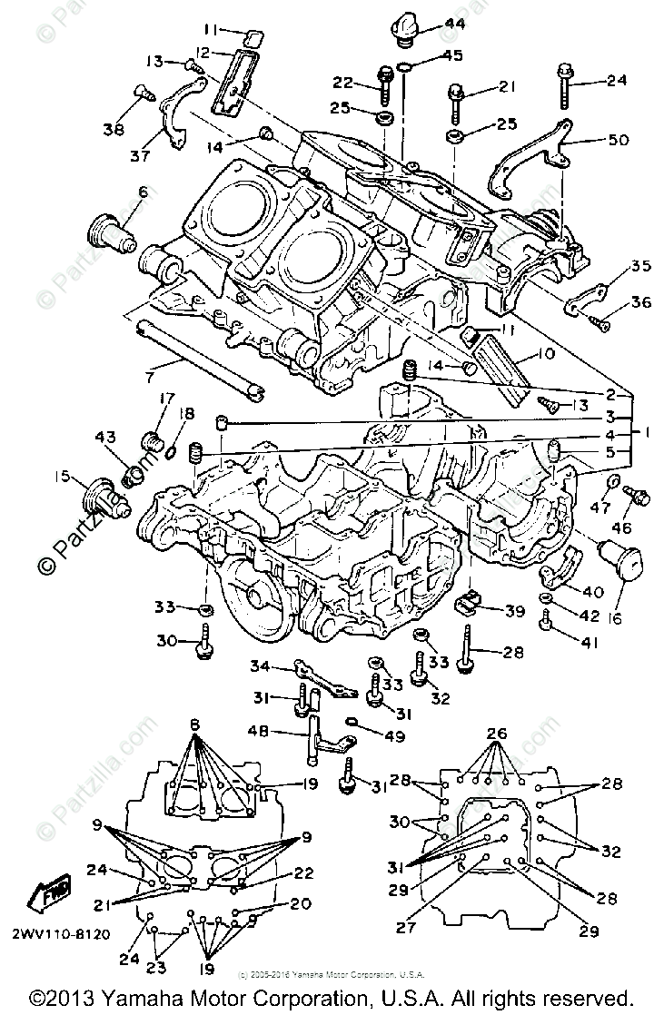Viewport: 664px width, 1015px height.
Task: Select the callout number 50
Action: point(618,141)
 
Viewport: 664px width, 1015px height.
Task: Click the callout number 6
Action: point(143,192)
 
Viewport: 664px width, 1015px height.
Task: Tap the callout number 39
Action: point(514,612)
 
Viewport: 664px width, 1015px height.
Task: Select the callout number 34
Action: point(260,667)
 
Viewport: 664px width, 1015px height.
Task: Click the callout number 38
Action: point(114,129)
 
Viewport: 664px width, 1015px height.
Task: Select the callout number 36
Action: point(640,303)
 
